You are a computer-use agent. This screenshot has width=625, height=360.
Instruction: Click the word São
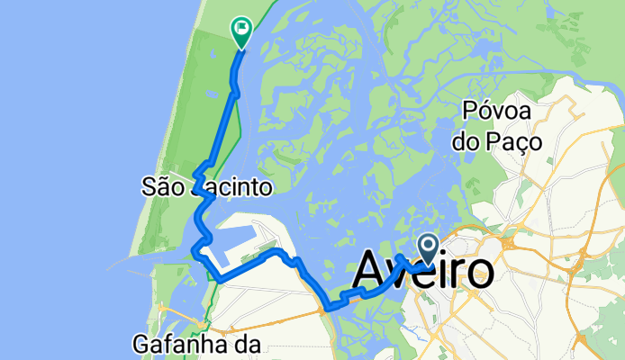(x=162, y=187)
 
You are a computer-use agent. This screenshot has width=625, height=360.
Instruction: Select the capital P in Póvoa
(x=472, y=112)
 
